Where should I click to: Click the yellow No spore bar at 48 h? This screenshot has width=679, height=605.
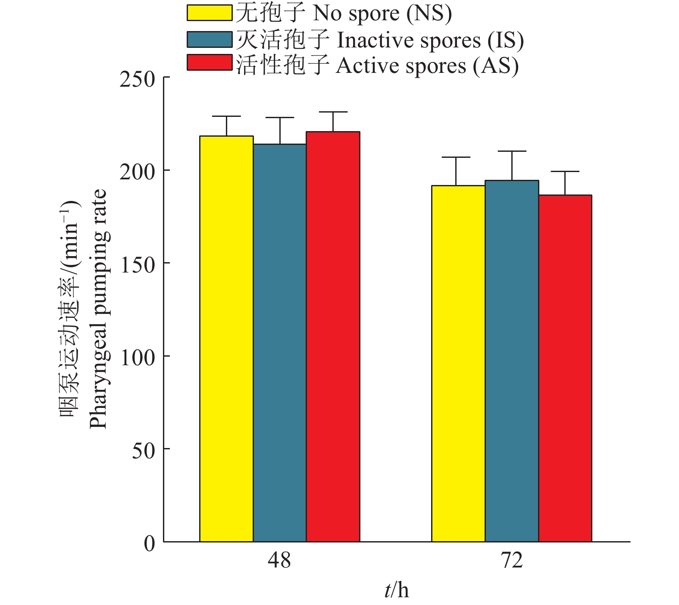(226, 339)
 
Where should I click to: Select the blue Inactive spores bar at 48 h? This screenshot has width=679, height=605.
(280, 343)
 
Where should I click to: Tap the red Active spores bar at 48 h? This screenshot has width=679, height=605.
(333, 336)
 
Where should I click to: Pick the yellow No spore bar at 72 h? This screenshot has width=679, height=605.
(458, 364)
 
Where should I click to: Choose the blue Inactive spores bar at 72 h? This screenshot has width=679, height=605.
(512, 361)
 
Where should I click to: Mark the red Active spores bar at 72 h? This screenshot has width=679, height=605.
(565, 368)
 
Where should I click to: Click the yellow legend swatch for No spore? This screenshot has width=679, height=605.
(210, 13)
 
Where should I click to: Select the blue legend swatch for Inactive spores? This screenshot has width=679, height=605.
(210, 39)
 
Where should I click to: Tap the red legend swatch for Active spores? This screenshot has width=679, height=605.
(210, 62)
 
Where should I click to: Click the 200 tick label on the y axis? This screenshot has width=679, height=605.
(137, 172)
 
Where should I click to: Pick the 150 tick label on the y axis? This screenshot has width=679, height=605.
(137, 264)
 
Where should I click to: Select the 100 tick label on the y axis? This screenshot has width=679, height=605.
(137, 357)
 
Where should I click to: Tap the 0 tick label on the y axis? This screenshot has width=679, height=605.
(149, 543)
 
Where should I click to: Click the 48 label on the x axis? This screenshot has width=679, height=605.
(279, 561)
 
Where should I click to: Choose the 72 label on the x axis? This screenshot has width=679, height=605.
(512, 561)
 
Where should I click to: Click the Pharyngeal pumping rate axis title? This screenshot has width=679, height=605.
(98, 308)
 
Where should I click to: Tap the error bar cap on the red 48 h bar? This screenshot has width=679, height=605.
(333, 112)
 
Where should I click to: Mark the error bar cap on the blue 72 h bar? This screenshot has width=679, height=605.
(512, 151)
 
